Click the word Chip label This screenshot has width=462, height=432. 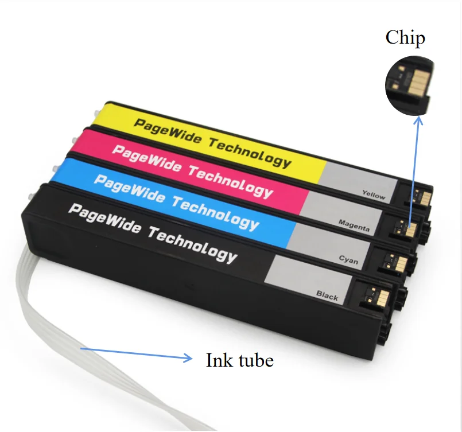point(405,38)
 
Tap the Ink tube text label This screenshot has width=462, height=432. point(239,360)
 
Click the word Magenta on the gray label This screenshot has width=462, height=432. point(354,224)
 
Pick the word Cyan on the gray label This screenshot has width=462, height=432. point(348,259)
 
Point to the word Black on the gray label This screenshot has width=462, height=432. point(327,296)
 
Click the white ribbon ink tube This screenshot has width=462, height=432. point(40,321)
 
